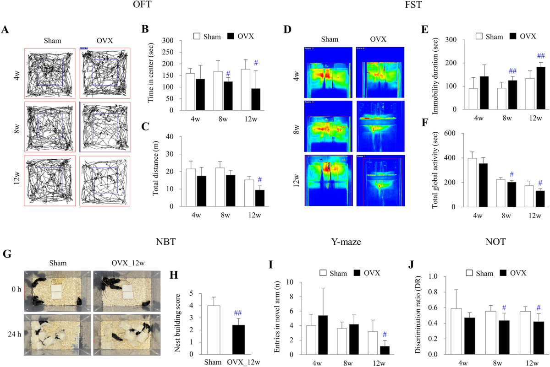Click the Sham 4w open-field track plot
pos(50,73)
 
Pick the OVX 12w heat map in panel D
pos(379,180)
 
